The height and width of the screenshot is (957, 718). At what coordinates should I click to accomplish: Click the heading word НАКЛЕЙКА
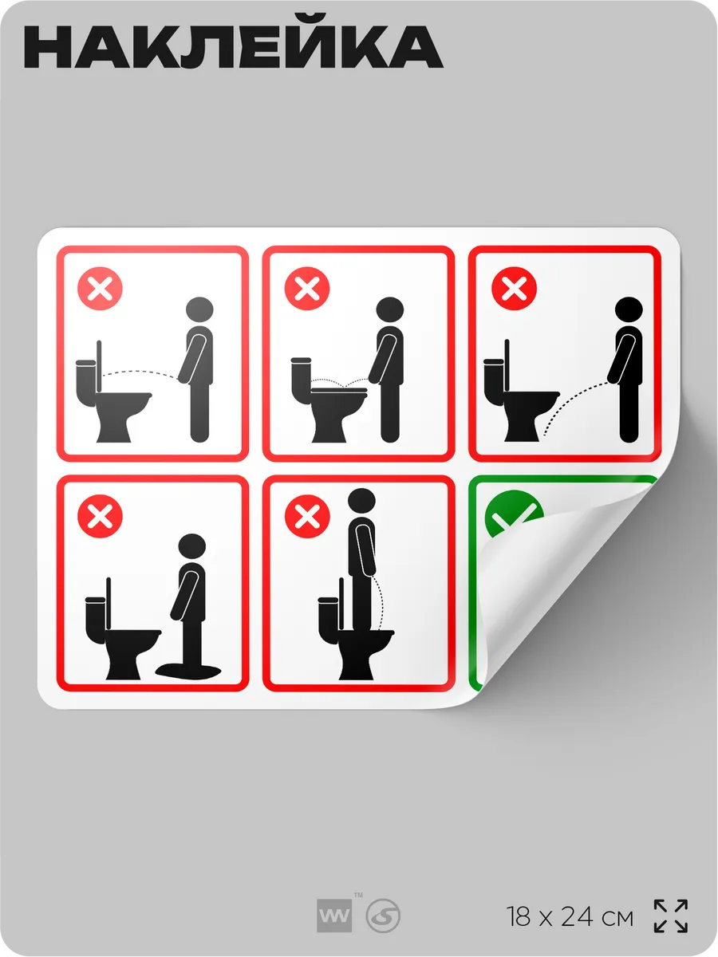click(x=233, y=46)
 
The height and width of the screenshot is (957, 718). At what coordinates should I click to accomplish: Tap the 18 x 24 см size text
click(x=570, y=917)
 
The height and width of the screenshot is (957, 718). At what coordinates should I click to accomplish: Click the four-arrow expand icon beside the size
click(x=671, y=916)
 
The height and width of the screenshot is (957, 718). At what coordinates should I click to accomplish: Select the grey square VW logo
click(x=334, y=916)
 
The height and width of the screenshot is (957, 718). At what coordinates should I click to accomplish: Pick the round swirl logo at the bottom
click(x=383, y=916)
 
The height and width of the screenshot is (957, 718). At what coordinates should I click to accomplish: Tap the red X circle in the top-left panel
click(x=100, y=288)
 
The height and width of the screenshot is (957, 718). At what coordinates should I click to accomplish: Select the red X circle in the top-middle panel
click(x=307, y=288)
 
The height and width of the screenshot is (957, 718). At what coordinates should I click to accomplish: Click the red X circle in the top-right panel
click(x=514, y=288)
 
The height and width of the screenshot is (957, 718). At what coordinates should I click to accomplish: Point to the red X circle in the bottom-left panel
click(x=100, y=516)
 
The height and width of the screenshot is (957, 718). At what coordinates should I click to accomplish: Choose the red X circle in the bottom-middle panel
click(x=307, y=516)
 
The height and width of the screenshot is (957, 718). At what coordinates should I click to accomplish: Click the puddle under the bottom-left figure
click(x=188, y=670)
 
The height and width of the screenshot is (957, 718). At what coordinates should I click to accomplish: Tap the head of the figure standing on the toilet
click(x=361, y=501)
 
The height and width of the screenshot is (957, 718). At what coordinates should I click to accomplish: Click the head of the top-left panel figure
click(x=199, y=309)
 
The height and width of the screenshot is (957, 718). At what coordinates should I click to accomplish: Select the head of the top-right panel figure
click(x=629, y=309)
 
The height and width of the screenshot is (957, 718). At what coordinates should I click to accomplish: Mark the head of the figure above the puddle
click(x=191, y=547)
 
